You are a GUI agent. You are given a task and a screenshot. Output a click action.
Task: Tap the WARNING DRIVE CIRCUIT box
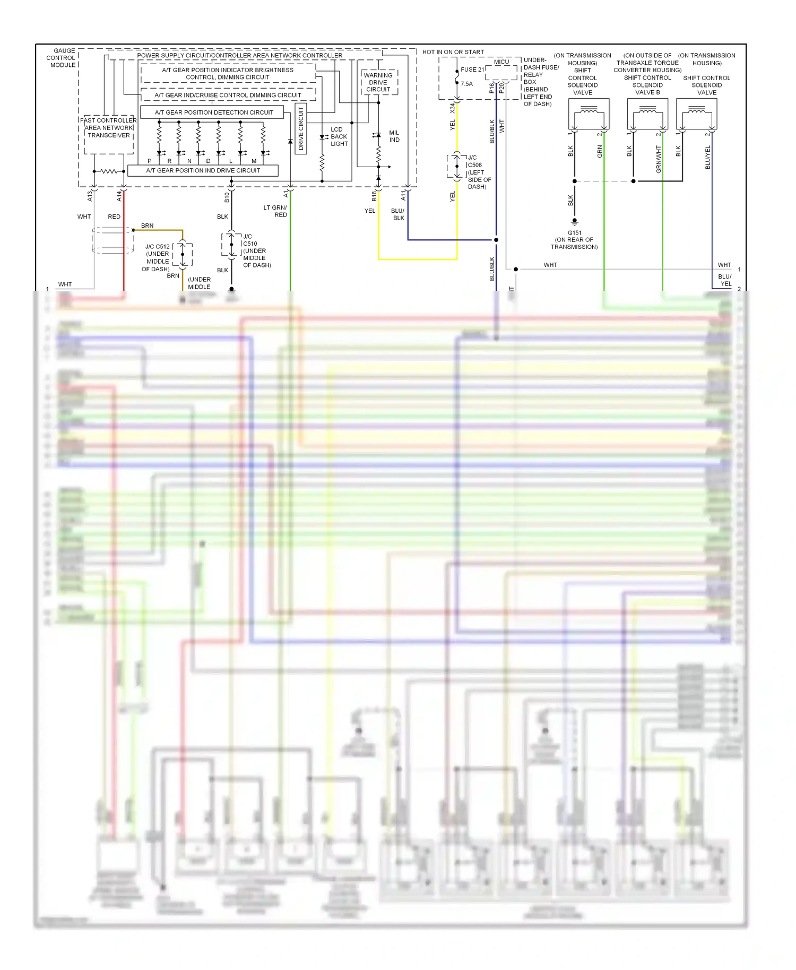[x=378, y=82]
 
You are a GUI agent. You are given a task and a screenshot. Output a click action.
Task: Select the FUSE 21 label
[x=472, y=70]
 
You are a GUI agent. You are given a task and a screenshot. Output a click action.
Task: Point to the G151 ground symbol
[x=574, y=221]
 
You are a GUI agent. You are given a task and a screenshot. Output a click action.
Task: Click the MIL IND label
[x=394, y=136]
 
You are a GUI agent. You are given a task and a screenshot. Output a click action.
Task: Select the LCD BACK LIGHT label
[x=339, y=136]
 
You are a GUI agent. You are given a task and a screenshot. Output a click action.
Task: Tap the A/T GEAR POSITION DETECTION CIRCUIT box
[x=214, y=112]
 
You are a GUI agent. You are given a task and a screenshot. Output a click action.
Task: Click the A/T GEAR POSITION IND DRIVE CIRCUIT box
[x=203, y=170]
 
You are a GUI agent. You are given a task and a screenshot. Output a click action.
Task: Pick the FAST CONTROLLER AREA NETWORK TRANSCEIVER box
[x=108, y=128]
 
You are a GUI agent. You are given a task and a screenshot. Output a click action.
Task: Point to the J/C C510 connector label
[x=256, y=250]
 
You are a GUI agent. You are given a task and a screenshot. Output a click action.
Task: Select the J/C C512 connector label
[x=157, y=257]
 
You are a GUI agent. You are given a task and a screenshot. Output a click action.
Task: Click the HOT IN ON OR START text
[x=453, y=52]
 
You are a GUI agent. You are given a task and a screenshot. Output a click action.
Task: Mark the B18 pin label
[x=374, y=196]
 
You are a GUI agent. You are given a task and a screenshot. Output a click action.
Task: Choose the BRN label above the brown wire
[x=147, y=226]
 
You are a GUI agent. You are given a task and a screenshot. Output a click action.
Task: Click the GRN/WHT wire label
[x=659, y=159]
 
